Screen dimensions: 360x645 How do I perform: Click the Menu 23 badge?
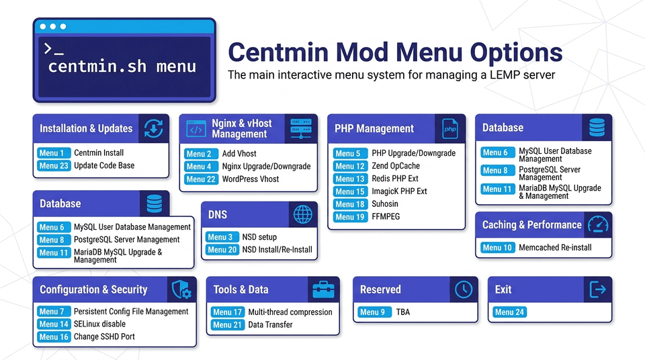tap(54, 165)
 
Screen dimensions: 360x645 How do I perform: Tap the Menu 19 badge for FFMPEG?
tap(350, 217)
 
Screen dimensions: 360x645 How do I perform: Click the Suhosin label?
tap(385, 204)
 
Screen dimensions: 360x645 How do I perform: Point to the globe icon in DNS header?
tap(302, 215)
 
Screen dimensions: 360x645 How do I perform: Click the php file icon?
tap(449, 128)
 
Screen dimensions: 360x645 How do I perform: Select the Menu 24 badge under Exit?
tap(509, 312)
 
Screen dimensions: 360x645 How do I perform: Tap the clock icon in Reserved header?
tap(463, 289)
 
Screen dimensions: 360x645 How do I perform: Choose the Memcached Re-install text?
tap(555, 248)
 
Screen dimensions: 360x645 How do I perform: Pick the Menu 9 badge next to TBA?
tap(373, 312)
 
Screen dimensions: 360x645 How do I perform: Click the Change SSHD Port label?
tap(104, 336)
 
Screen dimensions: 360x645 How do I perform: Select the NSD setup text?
tap(259, 237)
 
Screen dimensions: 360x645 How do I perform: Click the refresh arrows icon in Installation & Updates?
tap(154, 128)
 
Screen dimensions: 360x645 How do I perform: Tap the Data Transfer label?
tap(270, 324)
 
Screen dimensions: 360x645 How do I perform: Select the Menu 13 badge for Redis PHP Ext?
tap(350, 179)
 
